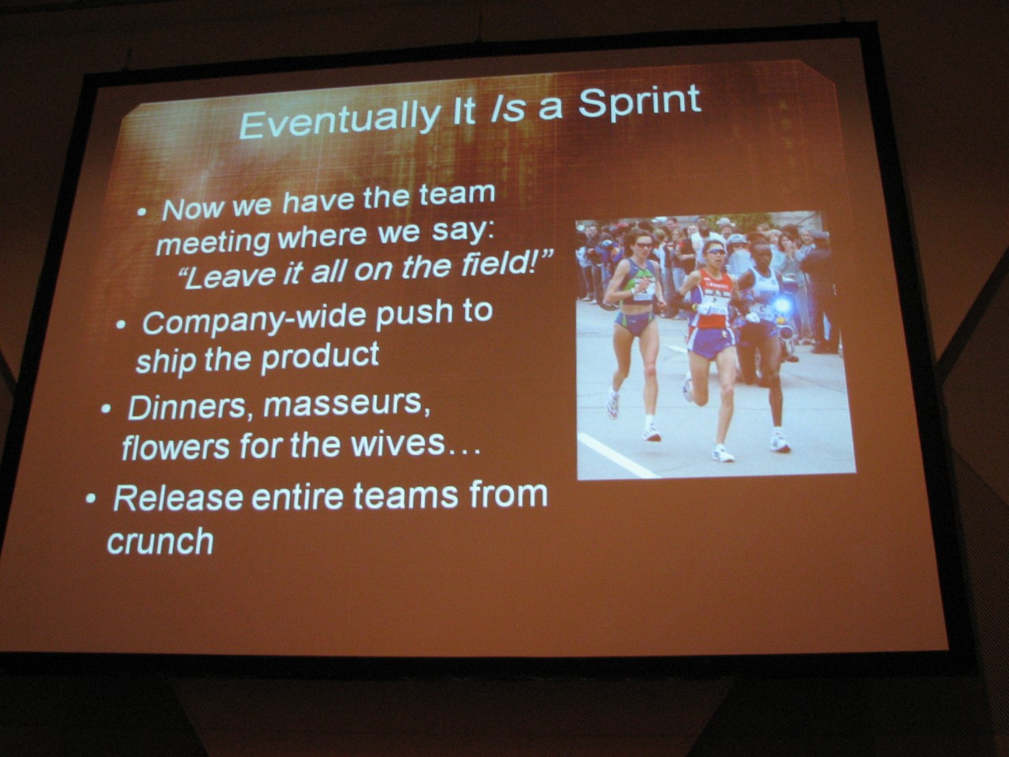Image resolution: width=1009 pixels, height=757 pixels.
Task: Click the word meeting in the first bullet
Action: [213, 243]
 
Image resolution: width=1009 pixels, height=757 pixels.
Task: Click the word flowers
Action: [176, 447]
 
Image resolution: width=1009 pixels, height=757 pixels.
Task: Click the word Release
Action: [178, 498]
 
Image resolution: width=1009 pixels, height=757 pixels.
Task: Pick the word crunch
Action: [161, 542]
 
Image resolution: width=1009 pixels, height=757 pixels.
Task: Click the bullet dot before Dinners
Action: [106, 408]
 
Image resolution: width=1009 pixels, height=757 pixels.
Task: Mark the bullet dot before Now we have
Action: [143, 212]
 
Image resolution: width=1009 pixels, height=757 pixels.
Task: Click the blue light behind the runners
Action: [780, 305]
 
